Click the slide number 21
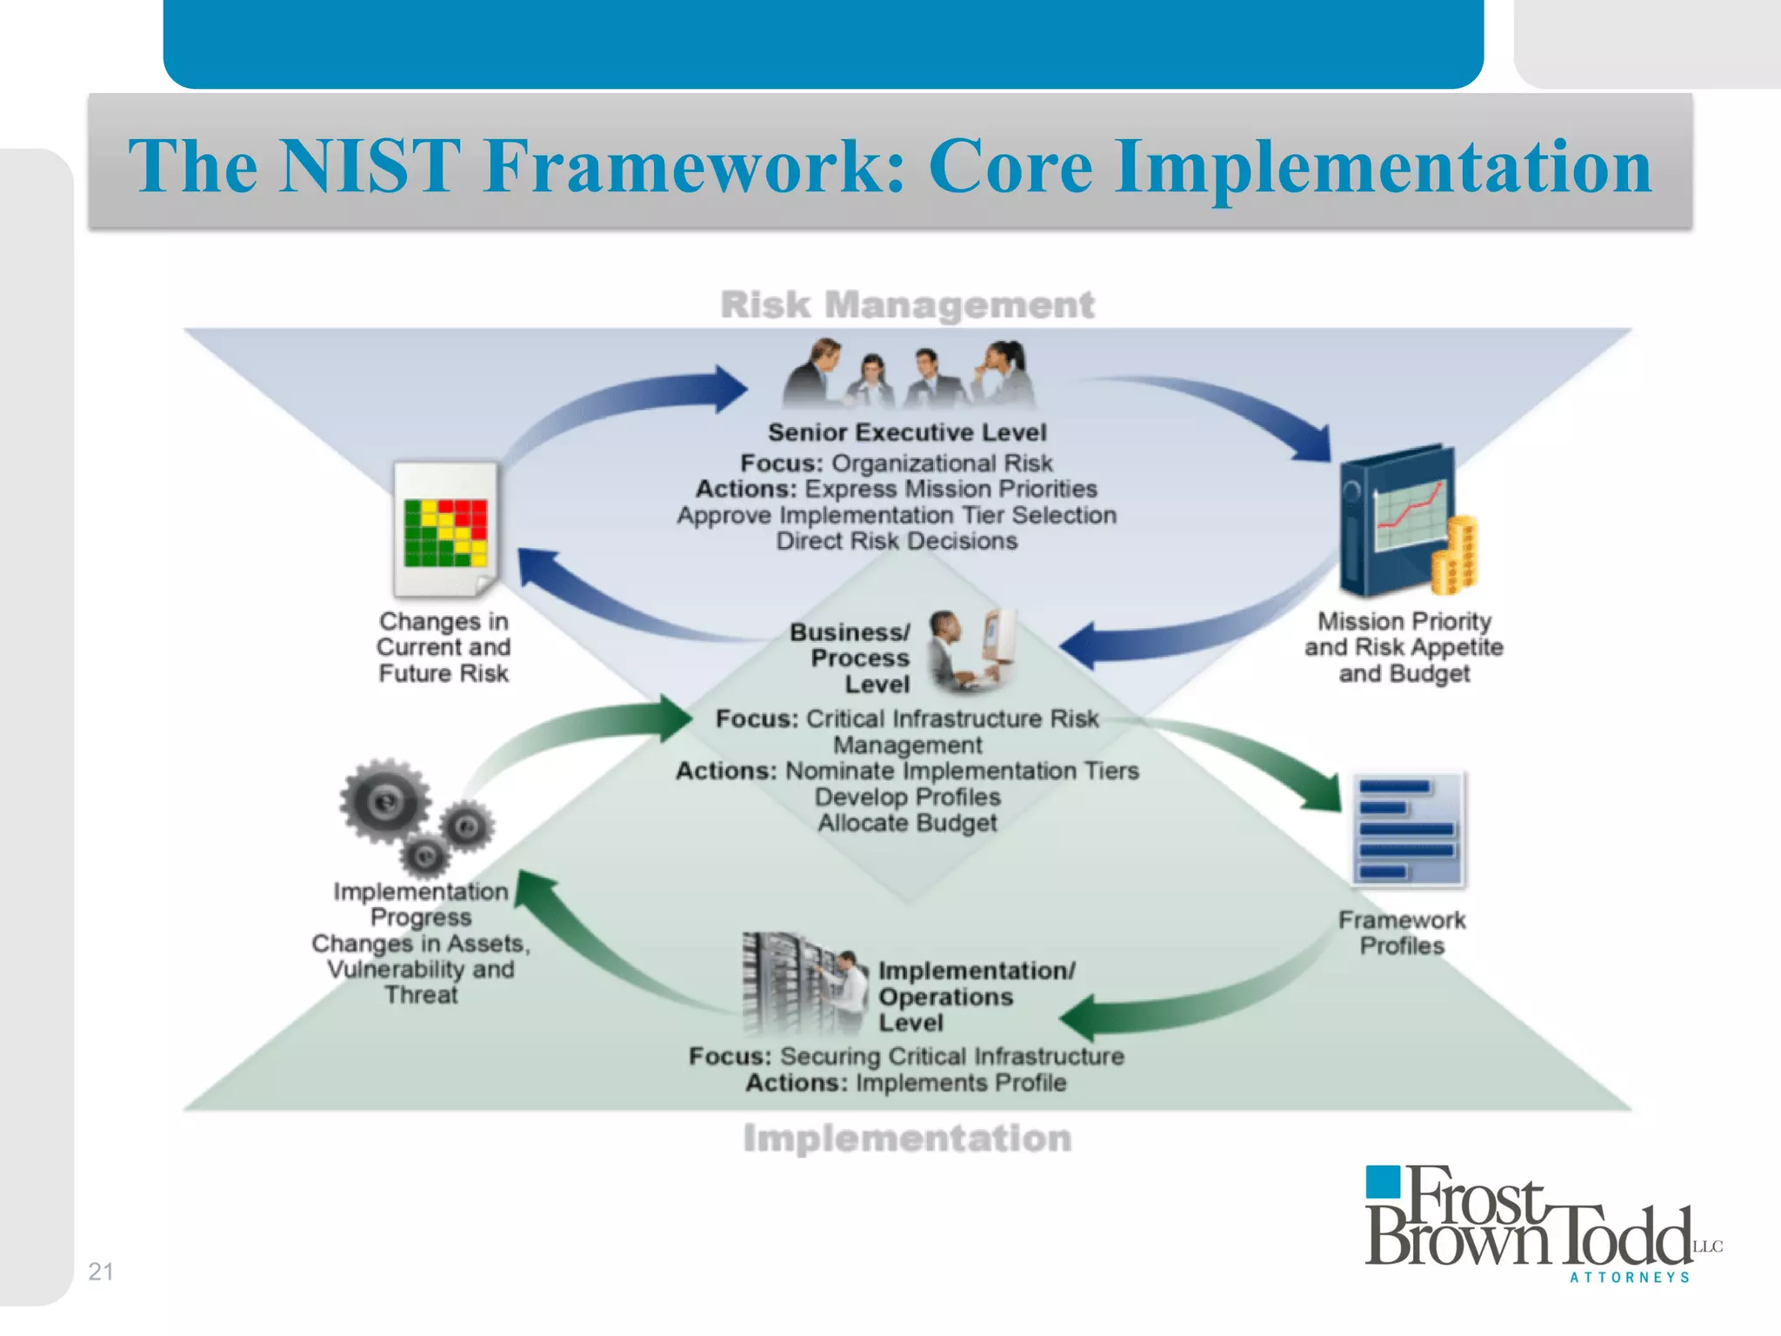pos(101,1272)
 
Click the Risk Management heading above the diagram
pos(907,305)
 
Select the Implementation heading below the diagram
pos(907,1139)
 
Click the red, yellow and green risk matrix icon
pos(445,531)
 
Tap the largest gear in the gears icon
pos(384,800)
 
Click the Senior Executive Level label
pos(907,432)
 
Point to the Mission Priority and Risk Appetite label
pos(1404,647)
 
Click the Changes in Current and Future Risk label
pos(444,647)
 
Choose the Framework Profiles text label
pos(1402,932)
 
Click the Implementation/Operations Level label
pos(976,997)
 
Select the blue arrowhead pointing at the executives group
pos(727,388)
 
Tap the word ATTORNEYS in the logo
pos(1630,1277)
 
